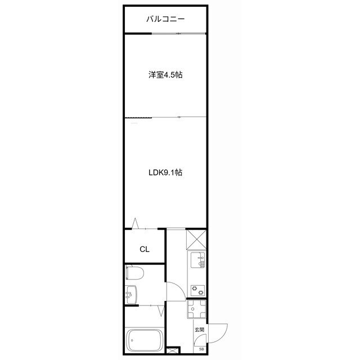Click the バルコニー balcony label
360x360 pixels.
tap(165, 19)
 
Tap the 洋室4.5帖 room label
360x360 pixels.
tap(165, 74)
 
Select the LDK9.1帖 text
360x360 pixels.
tap(165, 173)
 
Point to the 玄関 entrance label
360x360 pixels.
tap(199, 330)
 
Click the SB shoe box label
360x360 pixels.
tap(201, 349)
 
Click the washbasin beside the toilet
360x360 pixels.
tap(131, 293)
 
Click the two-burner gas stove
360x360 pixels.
tap(198, 290)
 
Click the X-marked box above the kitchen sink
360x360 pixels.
tap(196, 240)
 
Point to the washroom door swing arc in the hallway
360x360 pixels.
tap(175, 290)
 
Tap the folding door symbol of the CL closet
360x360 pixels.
tap(136, 223)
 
